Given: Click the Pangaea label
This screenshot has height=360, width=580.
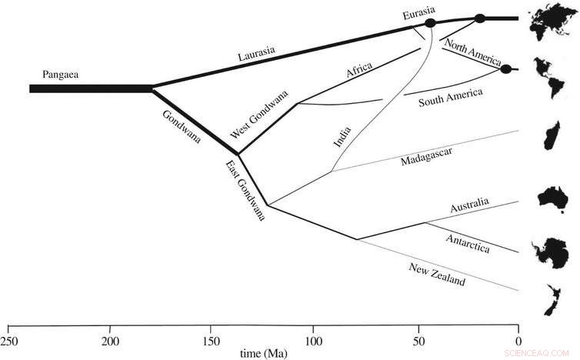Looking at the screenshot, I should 64,74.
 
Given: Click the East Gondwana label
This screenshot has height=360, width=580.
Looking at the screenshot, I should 245,191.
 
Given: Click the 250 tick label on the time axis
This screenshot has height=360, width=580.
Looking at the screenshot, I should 8,340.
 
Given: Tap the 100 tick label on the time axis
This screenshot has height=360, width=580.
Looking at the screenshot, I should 314,340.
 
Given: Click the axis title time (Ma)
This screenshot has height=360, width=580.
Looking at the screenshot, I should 262,353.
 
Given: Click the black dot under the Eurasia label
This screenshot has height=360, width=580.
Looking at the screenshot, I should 430,24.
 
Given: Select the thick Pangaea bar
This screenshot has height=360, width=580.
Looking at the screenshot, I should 91,88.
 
